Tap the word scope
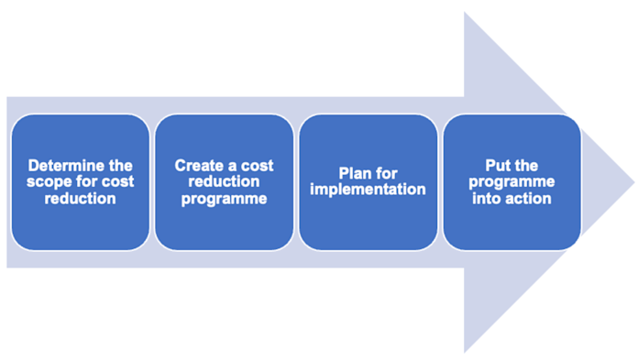(x=48, y=181)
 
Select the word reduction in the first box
(x=80, y=197)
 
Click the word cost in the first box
(x=116, y=181)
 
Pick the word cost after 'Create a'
(x=256, y=166)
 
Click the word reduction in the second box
(x=224, y=181)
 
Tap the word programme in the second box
(x=224, y=197)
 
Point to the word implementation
(x=368, y=190)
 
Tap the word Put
(x=499, y=166)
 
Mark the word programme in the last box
(x=512, y=181)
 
